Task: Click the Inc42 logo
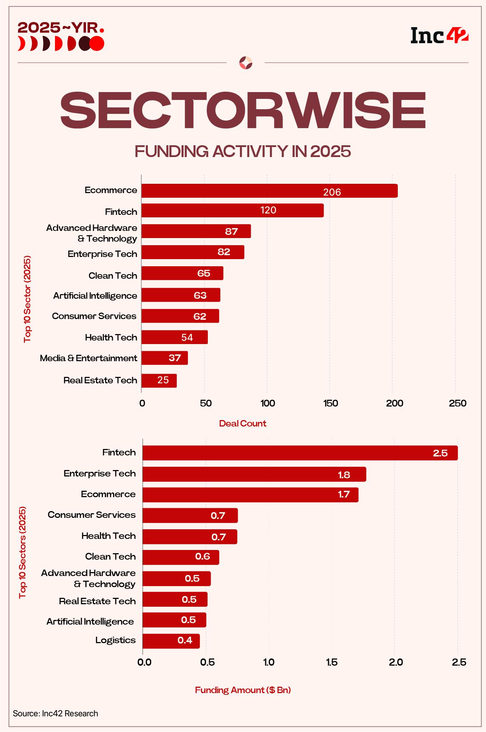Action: point(439,36)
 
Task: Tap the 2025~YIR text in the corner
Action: point(61,27)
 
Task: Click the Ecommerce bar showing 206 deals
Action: point(269,191)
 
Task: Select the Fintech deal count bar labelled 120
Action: point(232,211)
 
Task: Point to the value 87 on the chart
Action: point(231,232)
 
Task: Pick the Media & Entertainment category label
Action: point(88,358)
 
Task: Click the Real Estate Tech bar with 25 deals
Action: point(159,380)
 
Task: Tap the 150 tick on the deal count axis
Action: point(330,403)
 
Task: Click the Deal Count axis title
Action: point(242,424)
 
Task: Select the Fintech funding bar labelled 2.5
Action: point(300,453)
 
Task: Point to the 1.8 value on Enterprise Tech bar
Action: point(344,475)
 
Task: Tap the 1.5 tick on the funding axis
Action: point(331,662)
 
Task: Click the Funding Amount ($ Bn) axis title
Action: point(243,690)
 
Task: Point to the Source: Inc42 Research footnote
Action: point(55,713)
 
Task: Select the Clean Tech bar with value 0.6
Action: point(181,557)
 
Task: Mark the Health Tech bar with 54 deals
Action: point(174,337)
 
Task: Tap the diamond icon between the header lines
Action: point(246,63)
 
